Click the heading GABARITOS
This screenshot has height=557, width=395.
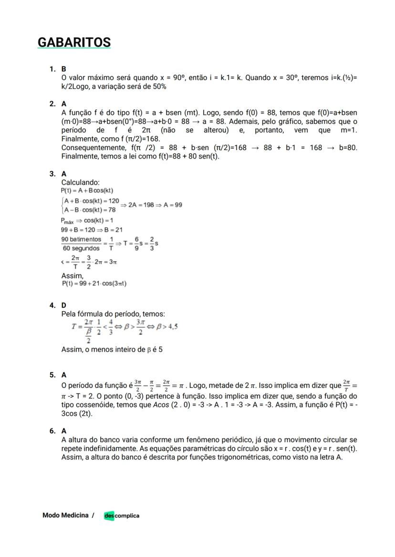coord(74,42)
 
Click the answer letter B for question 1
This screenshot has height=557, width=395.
coord(64,69)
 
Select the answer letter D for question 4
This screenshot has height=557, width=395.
coord(64,305)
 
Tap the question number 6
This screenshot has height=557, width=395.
coord(52,431)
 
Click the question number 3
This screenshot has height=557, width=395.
coord(52,174)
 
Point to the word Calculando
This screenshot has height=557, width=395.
coord(80,182)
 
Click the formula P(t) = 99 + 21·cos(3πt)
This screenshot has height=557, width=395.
coord(94,284)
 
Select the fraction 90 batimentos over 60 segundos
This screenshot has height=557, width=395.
coord(81,243)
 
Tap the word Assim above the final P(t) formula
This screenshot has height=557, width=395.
coord(72,275)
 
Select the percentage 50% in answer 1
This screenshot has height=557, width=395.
coord(159,86)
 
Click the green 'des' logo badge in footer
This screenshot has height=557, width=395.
coord(109,516)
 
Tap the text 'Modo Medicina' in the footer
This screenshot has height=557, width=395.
coord(65,515)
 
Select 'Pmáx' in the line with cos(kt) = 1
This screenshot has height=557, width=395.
coord(69,221)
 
